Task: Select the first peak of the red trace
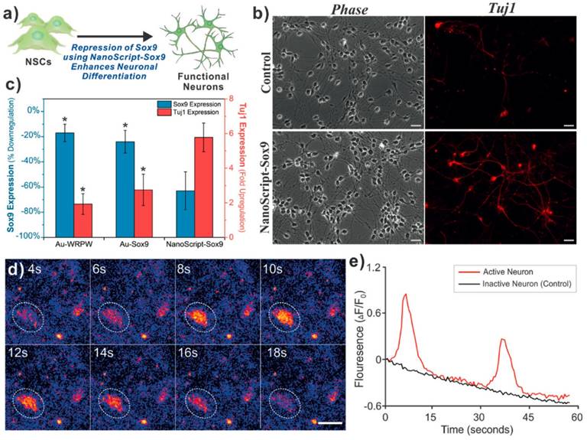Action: (405, 294)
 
